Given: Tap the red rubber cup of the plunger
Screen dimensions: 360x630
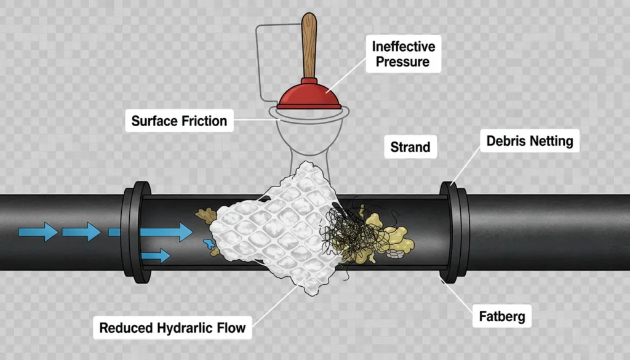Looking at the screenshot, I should pyautogui.click(x=309, y=97).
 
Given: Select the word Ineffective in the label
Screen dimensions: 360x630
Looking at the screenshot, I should pyautogui.click(x=404, y=47).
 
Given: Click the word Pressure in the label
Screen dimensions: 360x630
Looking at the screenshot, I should pyautogui.click(x=404, y=62).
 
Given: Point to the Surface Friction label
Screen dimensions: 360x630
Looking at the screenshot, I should pyautogui.click(x=179, y=121).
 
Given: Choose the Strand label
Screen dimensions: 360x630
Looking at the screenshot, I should pyautogui.click(x=410, y=148).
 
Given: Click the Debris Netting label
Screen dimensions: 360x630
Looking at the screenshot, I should pyautogui.click(x=529, y=141).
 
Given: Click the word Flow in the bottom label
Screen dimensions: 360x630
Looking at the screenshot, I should pyautogui.click(x=230, y=327).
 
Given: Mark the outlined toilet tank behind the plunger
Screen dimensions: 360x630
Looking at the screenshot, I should pyautogui.click(x=271, y=62).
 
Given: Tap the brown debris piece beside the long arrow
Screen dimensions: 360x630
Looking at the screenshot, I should pyautogui.click(x=204, y=215).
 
